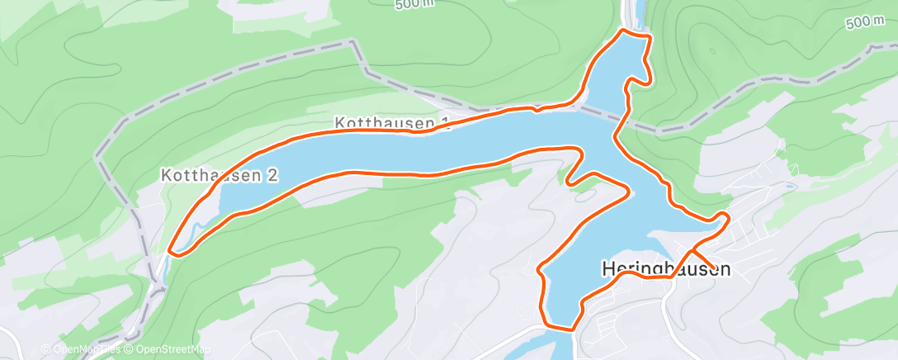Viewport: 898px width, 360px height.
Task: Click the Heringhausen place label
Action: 666,269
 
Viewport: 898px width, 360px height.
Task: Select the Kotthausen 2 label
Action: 220,175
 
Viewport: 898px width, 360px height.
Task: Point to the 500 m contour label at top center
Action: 414,5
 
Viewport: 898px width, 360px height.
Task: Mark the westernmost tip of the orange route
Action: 170,249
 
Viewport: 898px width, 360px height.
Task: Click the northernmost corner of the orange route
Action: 623,31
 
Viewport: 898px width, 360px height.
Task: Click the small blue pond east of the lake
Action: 790,187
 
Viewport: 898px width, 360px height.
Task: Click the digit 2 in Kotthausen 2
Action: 272,175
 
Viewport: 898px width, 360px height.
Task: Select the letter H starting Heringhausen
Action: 609,269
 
